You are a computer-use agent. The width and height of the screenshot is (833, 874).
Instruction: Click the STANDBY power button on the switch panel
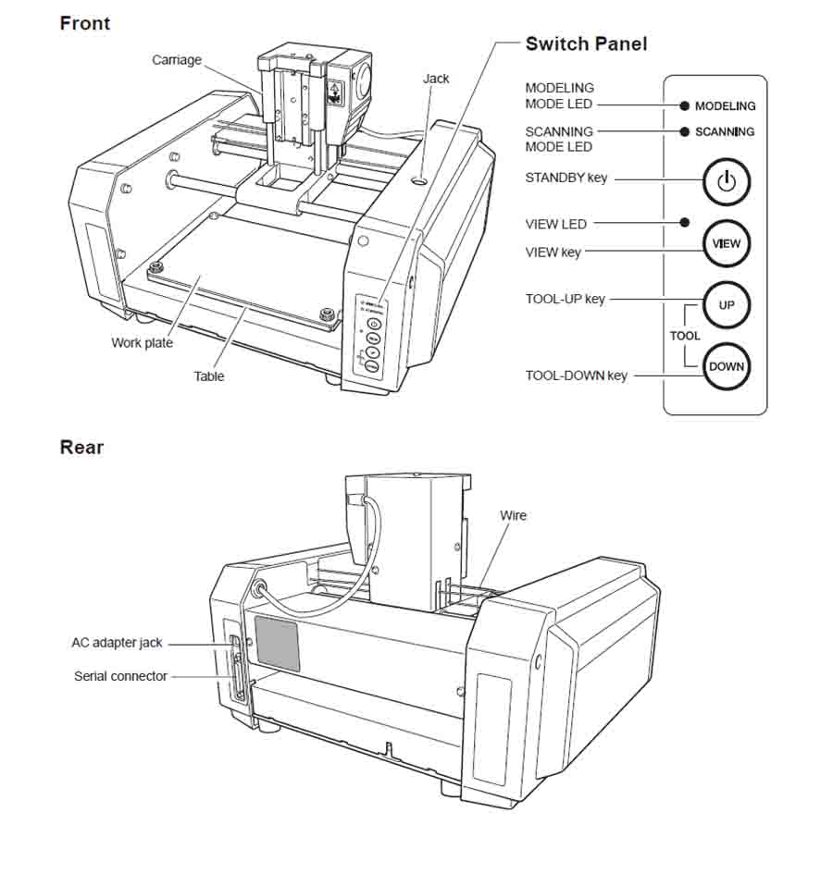pos(727,181)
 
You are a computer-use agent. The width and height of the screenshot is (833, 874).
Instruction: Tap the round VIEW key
pos(727,244)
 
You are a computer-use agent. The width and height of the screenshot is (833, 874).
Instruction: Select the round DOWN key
pos(727,366)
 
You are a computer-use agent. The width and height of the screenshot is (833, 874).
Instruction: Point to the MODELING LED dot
pos(684,105)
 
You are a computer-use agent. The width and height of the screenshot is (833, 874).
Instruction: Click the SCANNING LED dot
pos(684,131)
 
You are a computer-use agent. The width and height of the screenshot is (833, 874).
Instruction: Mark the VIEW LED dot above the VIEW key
pos(684,222)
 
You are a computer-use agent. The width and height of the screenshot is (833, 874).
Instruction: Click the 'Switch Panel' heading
pos(586,43)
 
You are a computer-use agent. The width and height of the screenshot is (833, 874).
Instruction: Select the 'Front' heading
pos(84,23)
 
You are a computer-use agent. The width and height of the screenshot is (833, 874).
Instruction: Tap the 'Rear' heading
pos(81,448)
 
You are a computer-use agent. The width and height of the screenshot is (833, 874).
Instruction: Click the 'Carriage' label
pos(177,60)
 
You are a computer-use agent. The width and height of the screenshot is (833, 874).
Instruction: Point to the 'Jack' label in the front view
pos(436,79)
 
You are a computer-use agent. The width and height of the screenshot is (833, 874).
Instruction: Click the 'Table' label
pos(209,375)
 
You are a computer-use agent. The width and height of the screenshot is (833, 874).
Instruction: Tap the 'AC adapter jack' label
pos(117,643)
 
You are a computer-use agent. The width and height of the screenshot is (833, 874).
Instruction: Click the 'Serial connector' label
pos(120,676)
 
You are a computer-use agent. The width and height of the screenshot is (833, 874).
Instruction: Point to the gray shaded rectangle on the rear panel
pos(277,644)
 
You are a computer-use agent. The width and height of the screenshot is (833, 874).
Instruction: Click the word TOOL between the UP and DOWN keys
pos(685,336)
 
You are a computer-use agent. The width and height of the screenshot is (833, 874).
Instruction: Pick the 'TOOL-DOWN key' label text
pos(576,375)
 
